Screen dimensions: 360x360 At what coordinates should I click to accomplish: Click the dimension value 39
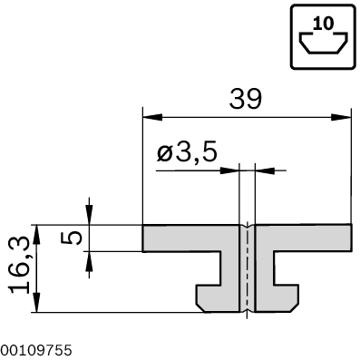coord(247,98)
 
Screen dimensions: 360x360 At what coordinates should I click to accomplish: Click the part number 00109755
coord(36,348)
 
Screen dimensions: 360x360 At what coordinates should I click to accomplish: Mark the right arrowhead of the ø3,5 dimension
coord(264,170)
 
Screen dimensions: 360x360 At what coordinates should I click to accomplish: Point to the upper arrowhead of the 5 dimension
coord(90,218)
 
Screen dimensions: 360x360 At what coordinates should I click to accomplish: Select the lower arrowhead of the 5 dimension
coord(90,258)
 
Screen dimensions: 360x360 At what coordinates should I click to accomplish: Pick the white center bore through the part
coord(248,268)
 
